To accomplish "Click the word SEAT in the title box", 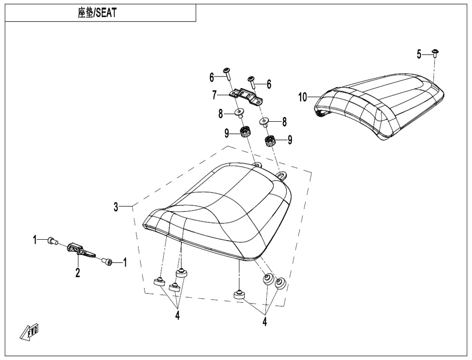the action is coord(105,13).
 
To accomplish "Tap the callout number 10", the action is coord(302,97).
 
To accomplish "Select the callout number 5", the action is coord(419,54).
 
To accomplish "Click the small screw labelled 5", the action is coord(435,53).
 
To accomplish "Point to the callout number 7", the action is coord(214,95).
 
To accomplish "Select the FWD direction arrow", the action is coord(29,333).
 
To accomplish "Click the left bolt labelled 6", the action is coord(227,74).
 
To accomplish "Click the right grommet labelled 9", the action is coord(270,141).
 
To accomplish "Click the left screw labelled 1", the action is coord(52,240).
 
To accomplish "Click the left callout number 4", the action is coord(178,316).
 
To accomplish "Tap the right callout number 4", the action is coord(264,321).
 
